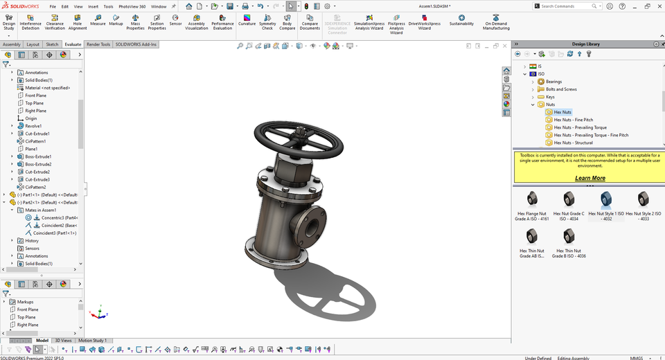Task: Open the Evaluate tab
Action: [x=73, y=44]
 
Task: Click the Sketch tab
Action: [x=52, y=44]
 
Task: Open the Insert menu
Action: [x=93, y=6]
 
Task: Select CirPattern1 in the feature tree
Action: [x=36, y=141]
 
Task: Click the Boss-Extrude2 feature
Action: [x=38, y=164]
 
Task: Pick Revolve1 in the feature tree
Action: [x=33, y=126]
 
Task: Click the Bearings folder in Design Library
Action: [x=553, y=82]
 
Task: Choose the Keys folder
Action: [x=550, y=97]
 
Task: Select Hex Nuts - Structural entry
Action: [x=573, y=143]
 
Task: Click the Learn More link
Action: [x=589, y=178]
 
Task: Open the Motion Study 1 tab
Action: [x=92, y=341]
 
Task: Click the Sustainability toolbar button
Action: [x=461, y=21]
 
